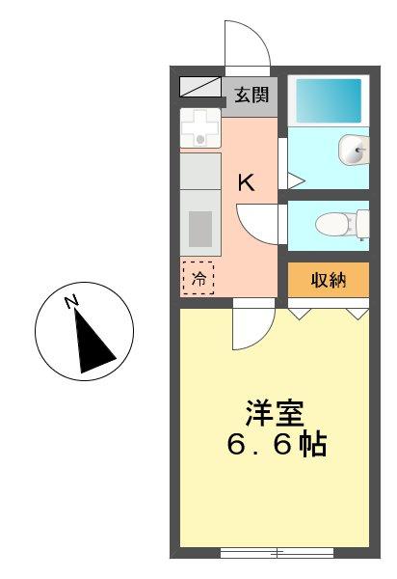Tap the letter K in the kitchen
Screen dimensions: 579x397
tap(247, 183)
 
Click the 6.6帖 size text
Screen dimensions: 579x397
tap(276, 446)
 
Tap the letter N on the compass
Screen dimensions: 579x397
tap(71, 303)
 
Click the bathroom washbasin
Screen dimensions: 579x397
tap(352, 151)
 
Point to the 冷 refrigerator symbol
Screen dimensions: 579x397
tap(198, 278)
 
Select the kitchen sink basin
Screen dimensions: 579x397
tap(200, 231)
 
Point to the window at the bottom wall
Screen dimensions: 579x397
tap(277, 553)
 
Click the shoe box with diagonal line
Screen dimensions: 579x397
tap(200, 88)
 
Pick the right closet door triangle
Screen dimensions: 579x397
tap(357, 313)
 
